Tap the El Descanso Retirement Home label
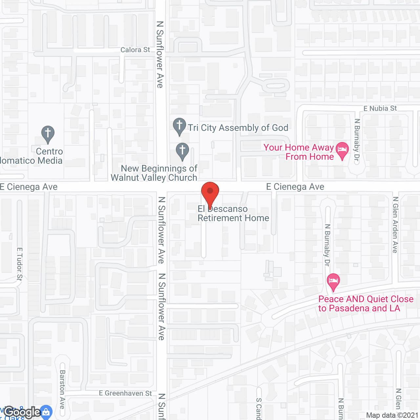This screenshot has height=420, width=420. (x=233, y=214)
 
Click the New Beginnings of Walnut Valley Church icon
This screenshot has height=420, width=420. (x=182, y=151)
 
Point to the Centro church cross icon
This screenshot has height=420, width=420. (x=48, y=134)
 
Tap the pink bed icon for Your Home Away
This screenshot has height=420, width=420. (x=342, y=150)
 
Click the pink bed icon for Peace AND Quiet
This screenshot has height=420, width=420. (x=333, y=282)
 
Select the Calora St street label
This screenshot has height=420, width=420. (x=135, y=50)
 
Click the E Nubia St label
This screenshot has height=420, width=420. (x=380, y=108)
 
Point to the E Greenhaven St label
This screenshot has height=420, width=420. (x=125, y=393)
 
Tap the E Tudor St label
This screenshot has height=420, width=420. (x=20, y=264)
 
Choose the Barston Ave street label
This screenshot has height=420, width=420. (x=62, y=389)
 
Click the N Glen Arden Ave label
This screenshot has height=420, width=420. (x=395, y=225)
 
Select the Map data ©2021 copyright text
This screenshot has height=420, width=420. (x=392, y=415)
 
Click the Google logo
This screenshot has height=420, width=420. (x=22, y=412)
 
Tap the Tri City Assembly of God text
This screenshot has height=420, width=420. (x=238, y=128)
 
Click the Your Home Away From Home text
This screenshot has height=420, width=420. (x=299, y=152)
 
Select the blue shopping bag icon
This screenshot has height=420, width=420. (x=46, y=412)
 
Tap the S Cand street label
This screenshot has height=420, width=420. (x=259, y=409)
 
